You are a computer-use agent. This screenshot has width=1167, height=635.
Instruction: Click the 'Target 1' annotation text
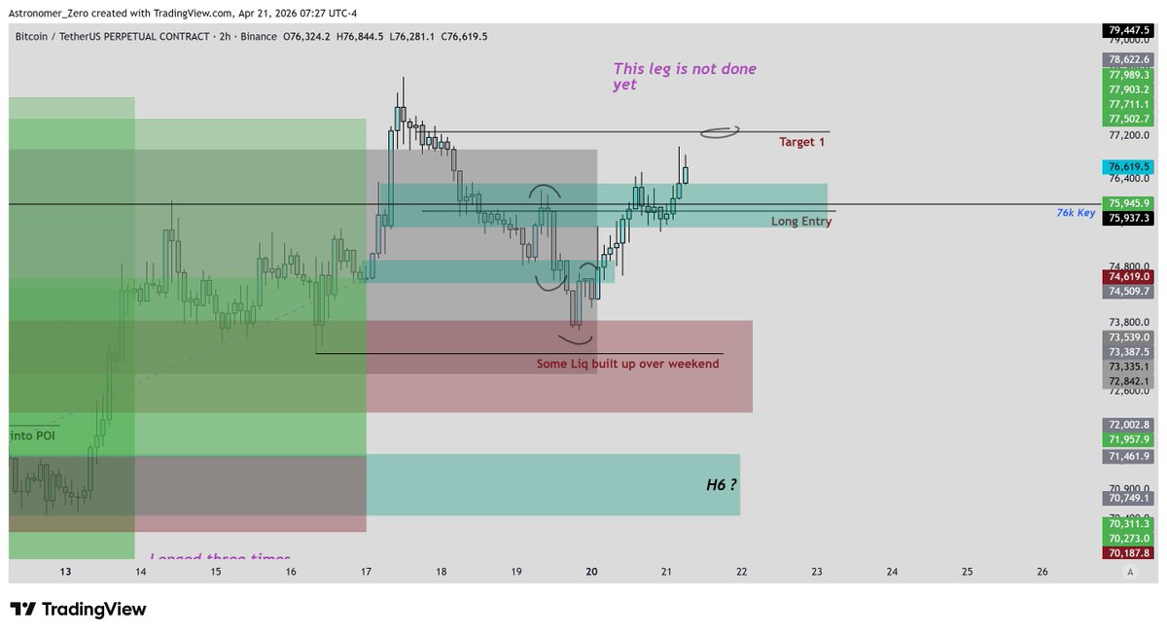pos(802,142)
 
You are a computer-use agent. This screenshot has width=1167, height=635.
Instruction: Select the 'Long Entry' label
pos(801,222)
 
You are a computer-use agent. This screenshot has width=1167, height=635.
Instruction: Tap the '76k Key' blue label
pos(1076,212)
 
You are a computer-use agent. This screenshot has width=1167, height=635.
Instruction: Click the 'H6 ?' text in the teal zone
pos(721,484)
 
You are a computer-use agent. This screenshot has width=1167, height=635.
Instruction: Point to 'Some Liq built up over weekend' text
pos(628,364)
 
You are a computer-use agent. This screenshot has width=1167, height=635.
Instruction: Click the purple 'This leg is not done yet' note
pos(685,77)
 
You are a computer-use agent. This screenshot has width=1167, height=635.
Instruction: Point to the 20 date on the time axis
pos(592,572)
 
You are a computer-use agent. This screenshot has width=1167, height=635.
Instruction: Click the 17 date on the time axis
pos(367,572)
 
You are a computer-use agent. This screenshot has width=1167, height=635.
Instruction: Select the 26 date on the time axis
pos(1043,572)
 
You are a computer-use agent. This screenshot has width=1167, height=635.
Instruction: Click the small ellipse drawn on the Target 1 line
pos(720,130)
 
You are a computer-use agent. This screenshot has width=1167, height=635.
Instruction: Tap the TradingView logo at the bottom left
pos(79,610)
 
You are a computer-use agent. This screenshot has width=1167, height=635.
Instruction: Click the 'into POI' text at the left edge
pos(32,437)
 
